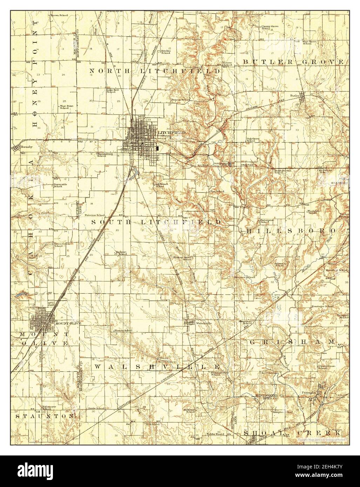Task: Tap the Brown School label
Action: point(59,15)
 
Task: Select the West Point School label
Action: point(64,107)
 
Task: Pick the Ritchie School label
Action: point(166,52)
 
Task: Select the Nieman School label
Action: point(123,330)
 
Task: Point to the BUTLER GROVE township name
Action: point(294,62)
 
